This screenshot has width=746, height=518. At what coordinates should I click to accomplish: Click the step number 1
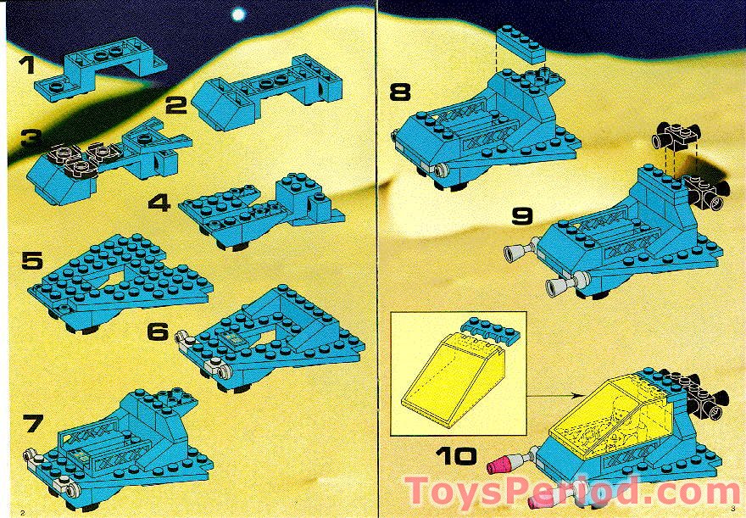[x=29, y=64]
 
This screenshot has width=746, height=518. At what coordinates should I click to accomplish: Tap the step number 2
[x=176, y=107]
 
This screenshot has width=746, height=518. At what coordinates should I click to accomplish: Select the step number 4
[x=159, y=203]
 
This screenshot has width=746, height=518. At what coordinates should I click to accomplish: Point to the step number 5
[x=33, y=260]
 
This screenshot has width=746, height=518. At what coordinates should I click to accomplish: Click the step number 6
[x=158, y=331]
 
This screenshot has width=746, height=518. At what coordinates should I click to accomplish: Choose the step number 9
[x=522, y=215]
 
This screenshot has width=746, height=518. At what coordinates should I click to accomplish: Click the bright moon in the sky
[x=239, y=14]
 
